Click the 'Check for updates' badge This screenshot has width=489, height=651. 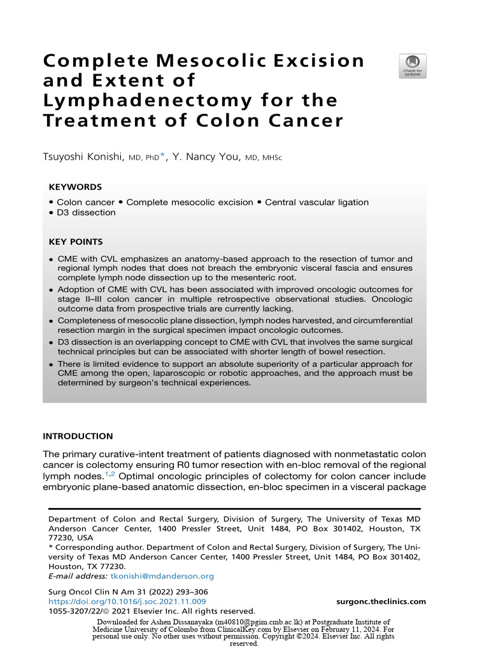click(x=412, y=66)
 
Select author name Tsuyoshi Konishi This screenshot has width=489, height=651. click(x=83, y=157)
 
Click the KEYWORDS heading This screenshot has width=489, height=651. click(x=75, y=187)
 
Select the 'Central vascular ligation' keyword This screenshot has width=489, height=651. click(x=316, y=202)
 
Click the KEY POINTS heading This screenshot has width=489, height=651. click(x=76, y=242)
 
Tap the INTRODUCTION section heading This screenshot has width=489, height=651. click(x=78, y=436)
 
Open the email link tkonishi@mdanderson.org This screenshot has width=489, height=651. click(x=162, y=576)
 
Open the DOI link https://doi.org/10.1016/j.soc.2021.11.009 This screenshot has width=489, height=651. click(x=127, y=601)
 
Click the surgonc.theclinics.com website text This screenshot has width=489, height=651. click(x=381, y=601)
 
